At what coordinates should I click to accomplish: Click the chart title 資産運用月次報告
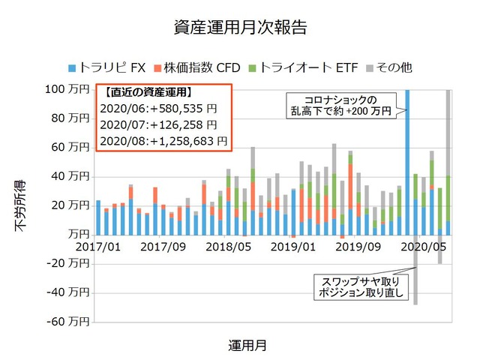(239, 28)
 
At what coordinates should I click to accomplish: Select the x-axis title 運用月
(247, 346)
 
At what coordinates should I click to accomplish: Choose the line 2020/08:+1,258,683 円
(163, 141)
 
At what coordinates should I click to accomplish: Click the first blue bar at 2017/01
(98, 217)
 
